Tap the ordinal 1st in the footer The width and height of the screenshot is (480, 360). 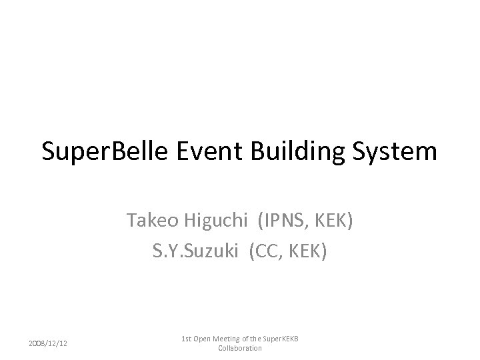coord(187,339)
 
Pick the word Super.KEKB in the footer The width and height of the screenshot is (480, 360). coord(283,339)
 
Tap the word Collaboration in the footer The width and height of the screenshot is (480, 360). coord(240,348)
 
